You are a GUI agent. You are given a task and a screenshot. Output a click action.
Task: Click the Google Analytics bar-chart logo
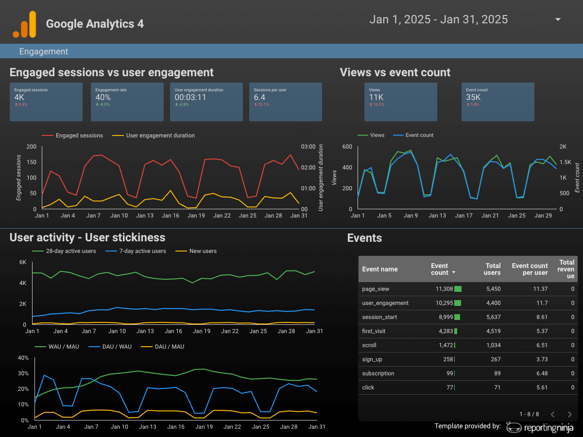tap(24, 24)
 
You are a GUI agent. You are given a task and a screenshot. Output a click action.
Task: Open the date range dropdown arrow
tap(558, 19)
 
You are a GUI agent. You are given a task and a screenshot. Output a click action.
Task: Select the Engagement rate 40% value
tap(103, 98)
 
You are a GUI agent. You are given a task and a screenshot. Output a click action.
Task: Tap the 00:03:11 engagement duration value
tap(190, 98)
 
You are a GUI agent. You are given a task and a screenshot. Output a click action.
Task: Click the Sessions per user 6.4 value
tap(259, 98)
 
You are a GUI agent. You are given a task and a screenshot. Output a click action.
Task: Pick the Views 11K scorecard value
tap(376, 98)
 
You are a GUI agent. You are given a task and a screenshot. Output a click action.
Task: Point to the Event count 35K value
tap(473, 98)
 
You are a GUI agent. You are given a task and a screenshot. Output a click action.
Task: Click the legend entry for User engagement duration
tap(154, 135)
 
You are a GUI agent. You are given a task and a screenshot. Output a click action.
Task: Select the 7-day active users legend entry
tap(136, 251)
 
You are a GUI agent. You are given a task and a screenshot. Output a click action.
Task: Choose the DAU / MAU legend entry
tap(163, 347)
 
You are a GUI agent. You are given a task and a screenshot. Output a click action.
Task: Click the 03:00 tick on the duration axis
tap(308, 147)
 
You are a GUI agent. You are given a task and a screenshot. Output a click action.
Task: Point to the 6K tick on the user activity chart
tap(23, 262)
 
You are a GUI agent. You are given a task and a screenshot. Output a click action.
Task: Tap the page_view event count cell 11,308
tap(445, 289)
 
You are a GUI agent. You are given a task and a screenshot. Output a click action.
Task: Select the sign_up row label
tap(372, 359)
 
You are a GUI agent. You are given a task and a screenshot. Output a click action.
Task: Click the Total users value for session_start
tap(494, 317)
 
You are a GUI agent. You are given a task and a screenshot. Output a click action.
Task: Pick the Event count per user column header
tap(530, 269)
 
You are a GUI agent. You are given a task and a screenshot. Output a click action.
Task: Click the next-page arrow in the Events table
tap(569, 414)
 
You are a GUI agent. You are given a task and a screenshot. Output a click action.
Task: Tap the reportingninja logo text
tap(549, 428)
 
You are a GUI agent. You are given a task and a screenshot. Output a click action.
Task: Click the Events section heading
tap(364, 238)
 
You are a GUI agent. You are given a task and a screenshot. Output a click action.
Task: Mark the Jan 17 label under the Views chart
tap(463, 216)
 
